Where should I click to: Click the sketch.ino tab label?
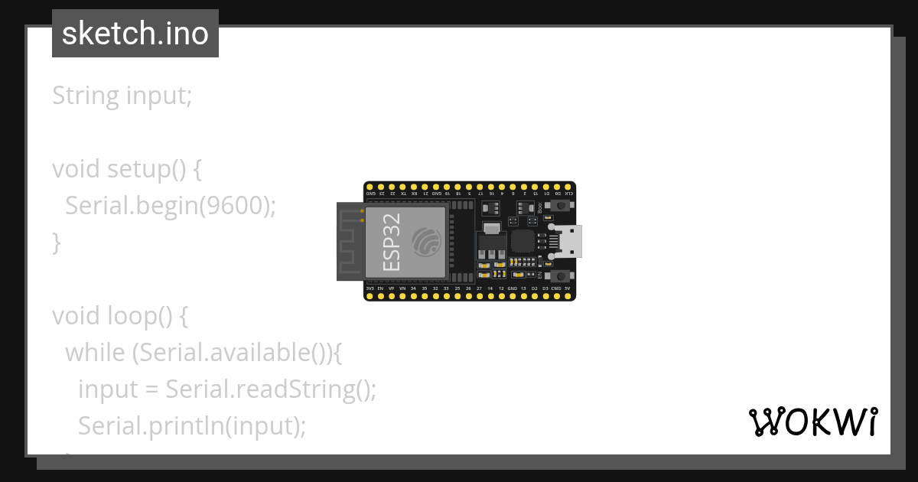[135, 34]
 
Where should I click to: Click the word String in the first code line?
[86, 96]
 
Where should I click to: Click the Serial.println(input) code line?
[191, 426]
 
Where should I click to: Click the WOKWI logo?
[812, 422]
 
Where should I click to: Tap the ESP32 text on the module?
[390, 243]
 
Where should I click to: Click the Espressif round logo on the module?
[426, 243]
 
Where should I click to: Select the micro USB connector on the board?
[569, 241]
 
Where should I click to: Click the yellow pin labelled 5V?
[568, 295]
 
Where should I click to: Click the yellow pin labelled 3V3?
[369, 295]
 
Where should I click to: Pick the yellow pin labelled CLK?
[568, 187]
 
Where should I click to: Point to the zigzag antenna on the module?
[350, 243]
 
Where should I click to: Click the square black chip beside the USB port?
[522, 241]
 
